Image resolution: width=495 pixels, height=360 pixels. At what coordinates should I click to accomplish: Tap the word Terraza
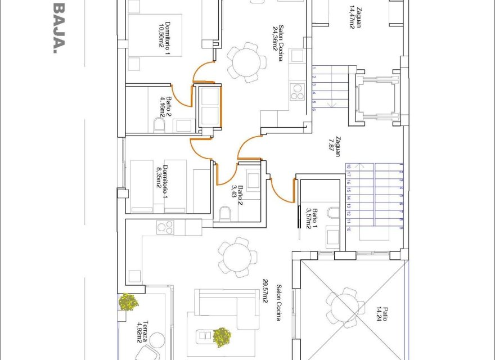[146, 332]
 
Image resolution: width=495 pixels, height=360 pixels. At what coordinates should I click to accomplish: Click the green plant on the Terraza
[129, 302]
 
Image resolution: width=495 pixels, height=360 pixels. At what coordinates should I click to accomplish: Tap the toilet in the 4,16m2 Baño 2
[159, 125]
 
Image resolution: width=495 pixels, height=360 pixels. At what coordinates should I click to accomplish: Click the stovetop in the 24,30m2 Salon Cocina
[296, 91]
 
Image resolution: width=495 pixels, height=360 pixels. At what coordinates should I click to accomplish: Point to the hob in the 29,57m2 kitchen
[165, 227]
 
